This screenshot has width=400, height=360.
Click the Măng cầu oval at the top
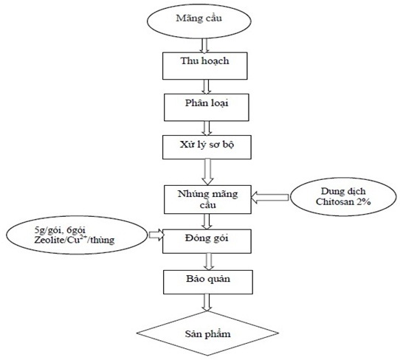click(x=199, y=21)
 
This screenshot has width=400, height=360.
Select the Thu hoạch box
click(x=205, y=66)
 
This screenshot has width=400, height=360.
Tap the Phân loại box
click(x=207, y=108)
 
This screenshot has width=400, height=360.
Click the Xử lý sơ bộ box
click(x=207, y=148)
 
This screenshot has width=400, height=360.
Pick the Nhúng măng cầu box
click(x=207, y=199)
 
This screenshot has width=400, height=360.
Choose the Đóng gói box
click(x=207, y=241)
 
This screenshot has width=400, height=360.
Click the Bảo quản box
click(x=208, y=282)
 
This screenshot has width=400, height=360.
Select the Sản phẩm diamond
click(x=207, y=333)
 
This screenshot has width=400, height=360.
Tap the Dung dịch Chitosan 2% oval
click(x=343, y=196)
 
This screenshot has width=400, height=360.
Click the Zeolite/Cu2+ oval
click(x=77, y=235)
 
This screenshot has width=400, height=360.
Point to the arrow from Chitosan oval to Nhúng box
click(x=270, y=198)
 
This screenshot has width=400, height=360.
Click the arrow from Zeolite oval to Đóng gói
click(x=156, y=235)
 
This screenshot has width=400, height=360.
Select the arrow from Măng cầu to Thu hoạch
click(x=204, y=46)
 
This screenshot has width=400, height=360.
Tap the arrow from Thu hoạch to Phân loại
click(x=206, y=87)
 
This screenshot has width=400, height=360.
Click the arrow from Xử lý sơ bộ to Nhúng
click(x=207, y=172)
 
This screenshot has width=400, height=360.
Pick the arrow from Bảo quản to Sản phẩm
click(x=207, y=302)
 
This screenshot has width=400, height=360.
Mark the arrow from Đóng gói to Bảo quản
click(x=209, y=262)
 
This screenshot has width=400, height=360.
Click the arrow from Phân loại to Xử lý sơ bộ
click(x=207, y=128)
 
